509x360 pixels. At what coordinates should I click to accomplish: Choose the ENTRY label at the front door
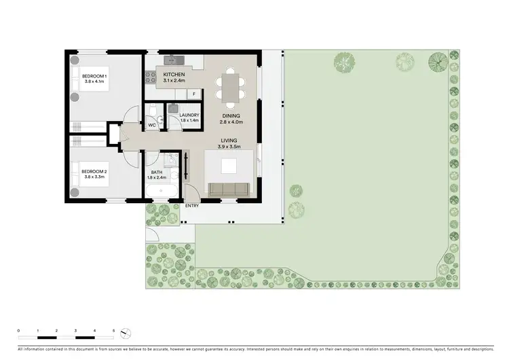point(192,205)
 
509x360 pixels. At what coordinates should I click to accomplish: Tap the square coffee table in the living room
point(229,165)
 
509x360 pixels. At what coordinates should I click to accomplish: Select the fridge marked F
point(194,94)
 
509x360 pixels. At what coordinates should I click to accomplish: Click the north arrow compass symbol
point(124,333)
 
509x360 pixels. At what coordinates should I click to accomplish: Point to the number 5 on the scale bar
point(113,329)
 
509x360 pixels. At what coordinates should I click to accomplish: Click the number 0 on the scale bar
point(18,329)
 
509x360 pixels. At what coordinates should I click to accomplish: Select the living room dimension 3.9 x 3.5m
point(231,147)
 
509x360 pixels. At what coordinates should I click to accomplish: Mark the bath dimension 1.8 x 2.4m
point(157,179)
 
